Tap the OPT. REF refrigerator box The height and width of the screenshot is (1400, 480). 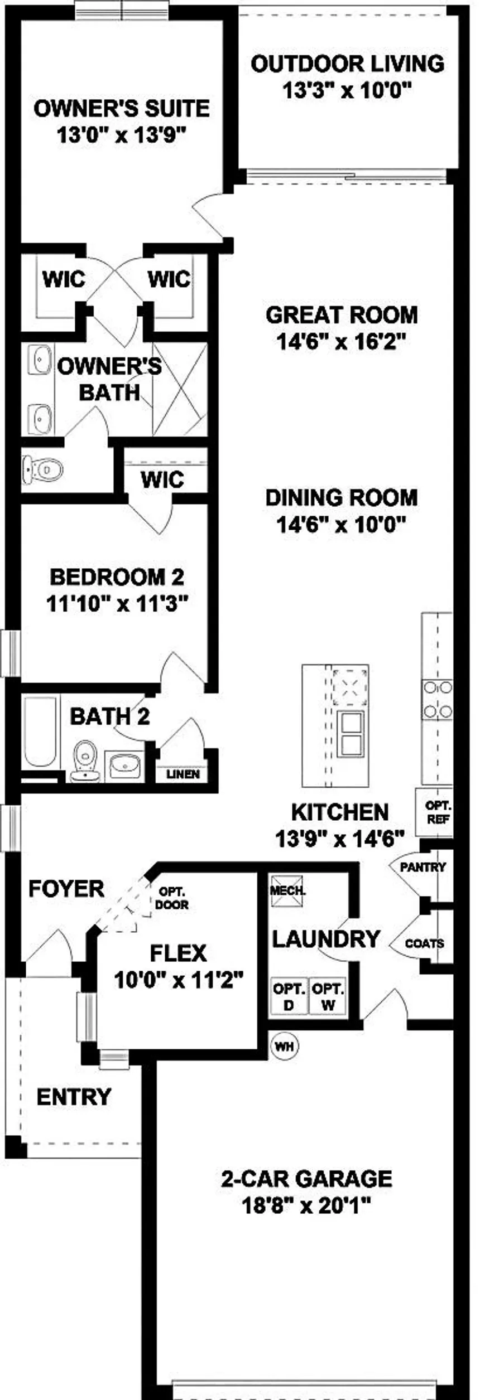[434, 812]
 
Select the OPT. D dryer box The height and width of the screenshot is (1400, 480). [289, 996]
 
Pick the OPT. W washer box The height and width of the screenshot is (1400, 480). [327, 996]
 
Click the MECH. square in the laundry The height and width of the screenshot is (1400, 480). [287, 890]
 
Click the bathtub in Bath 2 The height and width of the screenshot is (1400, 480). [41, 731]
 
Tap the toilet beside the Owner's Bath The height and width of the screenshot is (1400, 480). [41, 469]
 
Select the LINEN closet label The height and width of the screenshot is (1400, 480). [183, 774]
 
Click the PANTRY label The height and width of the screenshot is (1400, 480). [423, 867]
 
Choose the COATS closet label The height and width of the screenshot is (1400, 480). [425, 943]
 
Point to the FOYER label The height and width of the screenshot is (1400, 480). [66, 889]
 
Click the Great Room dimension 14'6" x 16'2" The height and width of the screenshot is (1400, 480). [340, 341]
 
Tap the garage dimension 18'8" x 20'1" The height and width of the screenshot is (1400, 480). [306, 1206]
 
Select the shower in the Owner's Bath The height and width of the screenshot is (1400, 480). [180, 390]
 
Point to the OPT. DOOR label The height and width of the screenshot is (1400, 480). [172, 898]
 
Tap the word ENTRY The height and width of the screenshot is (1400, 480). [74, 1097]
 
